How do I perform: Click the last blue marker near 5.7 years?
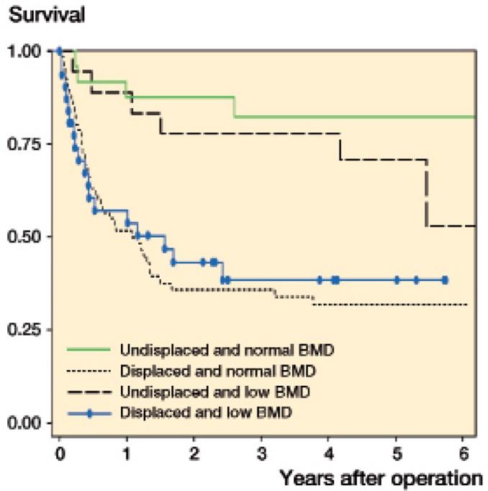445,280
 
